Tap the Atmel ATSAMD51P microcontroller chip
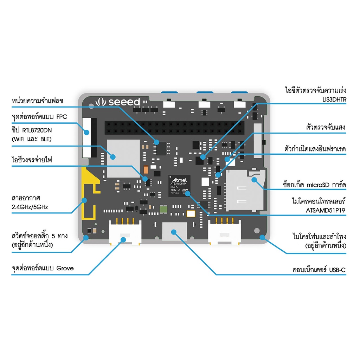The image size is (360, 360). pos(179,186)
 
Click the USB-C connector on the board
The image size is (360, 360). pos(174,232)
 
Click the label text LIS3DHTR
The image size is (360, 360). pos(334,100)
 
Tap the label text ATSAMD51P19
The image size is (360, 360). pos(326,211)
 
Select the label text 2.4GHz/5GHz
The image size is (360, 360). pos(30,207)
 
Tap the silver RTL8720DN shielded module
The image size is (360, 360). pos(123,158)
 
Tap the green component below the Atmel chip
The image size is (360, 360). pos(163,210)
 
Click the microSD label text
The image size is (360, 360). pos(315,185)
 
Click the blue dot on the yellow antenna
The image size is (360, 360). pos(84,200)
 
